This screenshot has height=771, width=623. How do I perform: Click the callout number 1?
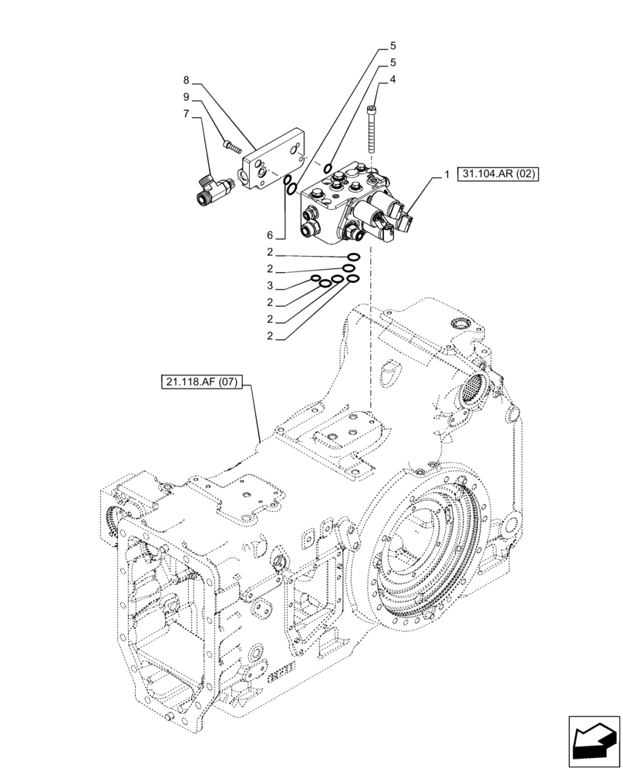tap(446, 176)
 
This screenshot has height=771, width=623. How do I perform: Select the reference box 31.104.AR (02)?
tap(497, 175)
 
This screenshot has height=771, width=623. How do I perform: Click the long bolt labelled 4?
tap(374, 131)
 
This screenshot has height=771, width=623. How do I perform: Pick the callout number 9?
tap(186, 97)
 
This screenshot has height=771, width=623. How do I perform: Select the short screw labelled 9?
tap(231, 145)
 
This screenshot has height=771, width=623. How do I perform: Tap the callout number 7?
tap(186, 115)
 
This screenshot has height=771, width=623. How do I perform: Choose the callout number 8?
tap(186, 80)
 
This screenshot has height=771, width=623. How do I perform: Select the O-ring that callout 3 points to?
tap(316, 279)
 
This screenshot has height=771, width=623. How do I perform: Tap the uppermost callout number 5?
tap(392, 45)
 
